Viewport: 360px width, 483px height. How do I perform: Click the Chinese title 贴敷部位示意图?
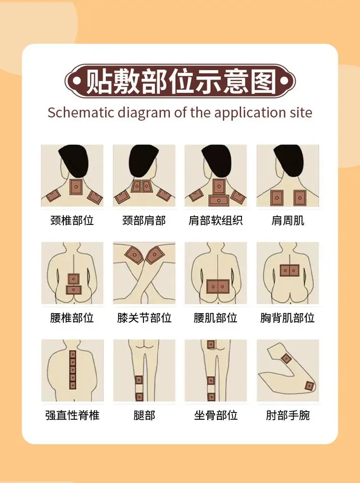point(180,82)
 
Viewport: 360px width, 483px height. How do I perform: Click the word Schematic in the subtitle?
point(81,112)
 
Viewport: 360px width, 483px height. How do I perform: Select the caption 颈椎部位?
point(72,221)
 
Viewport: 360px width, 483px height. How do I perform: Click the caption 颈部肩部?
point(144,221)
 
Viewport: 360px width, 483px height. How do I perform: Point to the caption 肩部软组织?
point(216,221)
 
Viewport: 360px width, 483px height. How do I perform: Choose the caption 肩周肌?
point(288,221)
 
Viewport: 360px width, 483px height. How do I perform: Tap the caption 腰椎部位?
point(72,318)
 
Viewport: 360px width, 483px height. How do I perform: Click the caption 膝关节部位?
point(144,318)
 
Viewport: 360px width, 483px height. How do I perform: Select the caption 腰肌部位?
point(216,318)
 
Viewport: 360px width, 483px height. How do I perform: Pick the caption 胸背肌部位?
point(288,318)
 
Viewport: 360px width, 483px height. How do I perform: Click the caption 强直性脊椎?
point(72,415)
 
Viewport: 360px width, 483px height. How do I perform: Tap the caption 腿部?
point(144,415)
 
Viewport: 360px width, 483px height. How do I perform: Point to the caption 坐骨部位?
point(216,415)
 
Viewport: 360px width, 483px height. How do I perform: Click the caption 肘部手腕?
point(288,415)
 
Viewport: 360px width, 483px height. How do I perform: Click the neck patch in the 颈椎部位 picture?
point(76,187)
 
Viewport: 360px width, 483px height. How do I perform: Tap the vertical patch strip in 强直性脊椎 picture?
point(73,370)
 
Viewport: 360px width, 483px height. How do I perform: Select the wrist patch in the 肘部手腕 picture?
point(310,386)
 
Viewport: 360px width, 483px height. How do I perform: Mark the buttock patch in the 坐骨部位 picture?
point(211,344)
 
